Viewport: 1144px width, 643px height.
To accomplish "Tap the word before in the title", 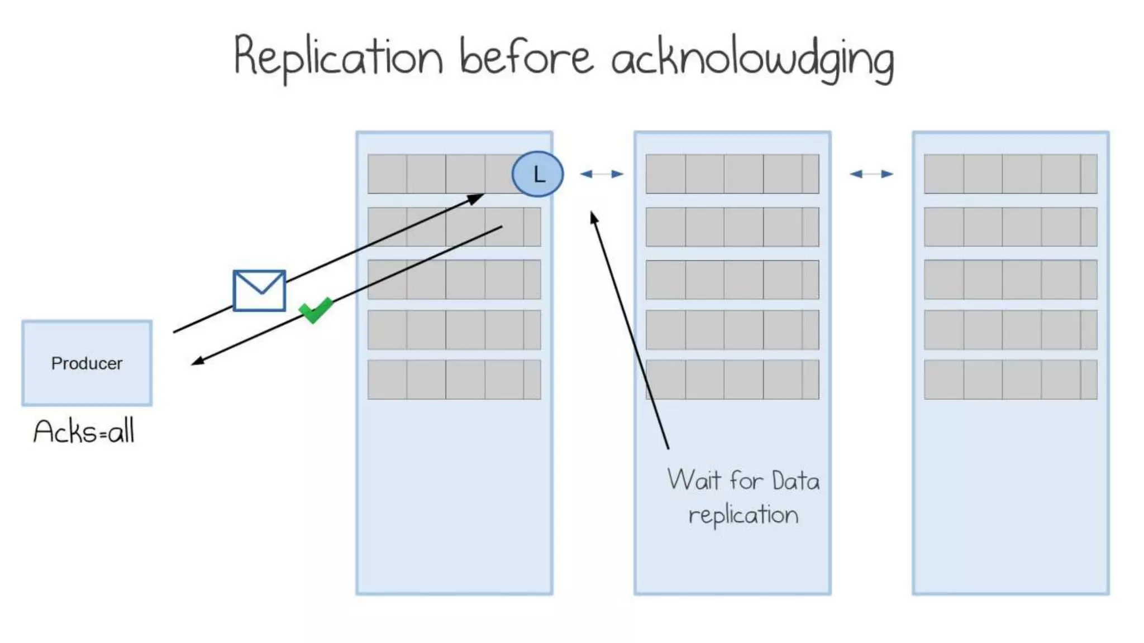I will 526,57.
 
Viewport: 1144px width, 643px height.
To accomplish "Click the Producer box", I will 87,363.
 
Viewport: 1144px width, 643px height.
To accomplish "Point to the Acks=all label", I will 84,431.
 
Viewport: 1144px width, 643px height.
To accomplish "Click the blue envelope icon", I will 259,290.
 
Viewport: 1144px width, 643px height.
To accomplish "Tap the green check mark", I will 316,310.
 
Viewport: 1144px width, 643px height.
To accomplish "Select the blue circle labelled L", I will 537,174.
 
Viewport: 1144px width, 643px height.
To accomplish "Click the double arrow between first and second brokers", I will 602,174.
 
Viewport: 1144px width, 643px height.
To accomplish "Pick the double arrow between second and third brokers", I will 871,174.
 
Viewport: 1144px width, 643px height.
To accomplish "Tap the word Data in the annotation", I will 795,481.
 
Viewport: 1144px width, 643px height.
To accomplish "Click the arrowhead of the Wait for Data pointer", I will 594,217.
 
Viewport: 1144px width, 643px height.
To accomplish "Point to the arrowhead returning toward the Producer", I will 197,362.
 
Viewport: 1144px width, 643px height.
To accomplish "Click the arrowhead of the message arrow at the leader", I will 476,198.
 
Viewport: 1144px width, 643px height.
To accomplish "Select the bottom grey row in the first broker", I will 454,380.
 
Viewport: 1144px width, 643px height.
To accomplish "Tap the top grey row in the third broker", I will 1010,174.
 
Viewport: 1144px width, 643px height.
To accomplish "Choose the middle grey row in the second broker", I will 732,279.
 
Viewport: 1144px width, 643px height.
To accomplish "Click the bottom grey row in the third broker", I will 1010,380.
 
